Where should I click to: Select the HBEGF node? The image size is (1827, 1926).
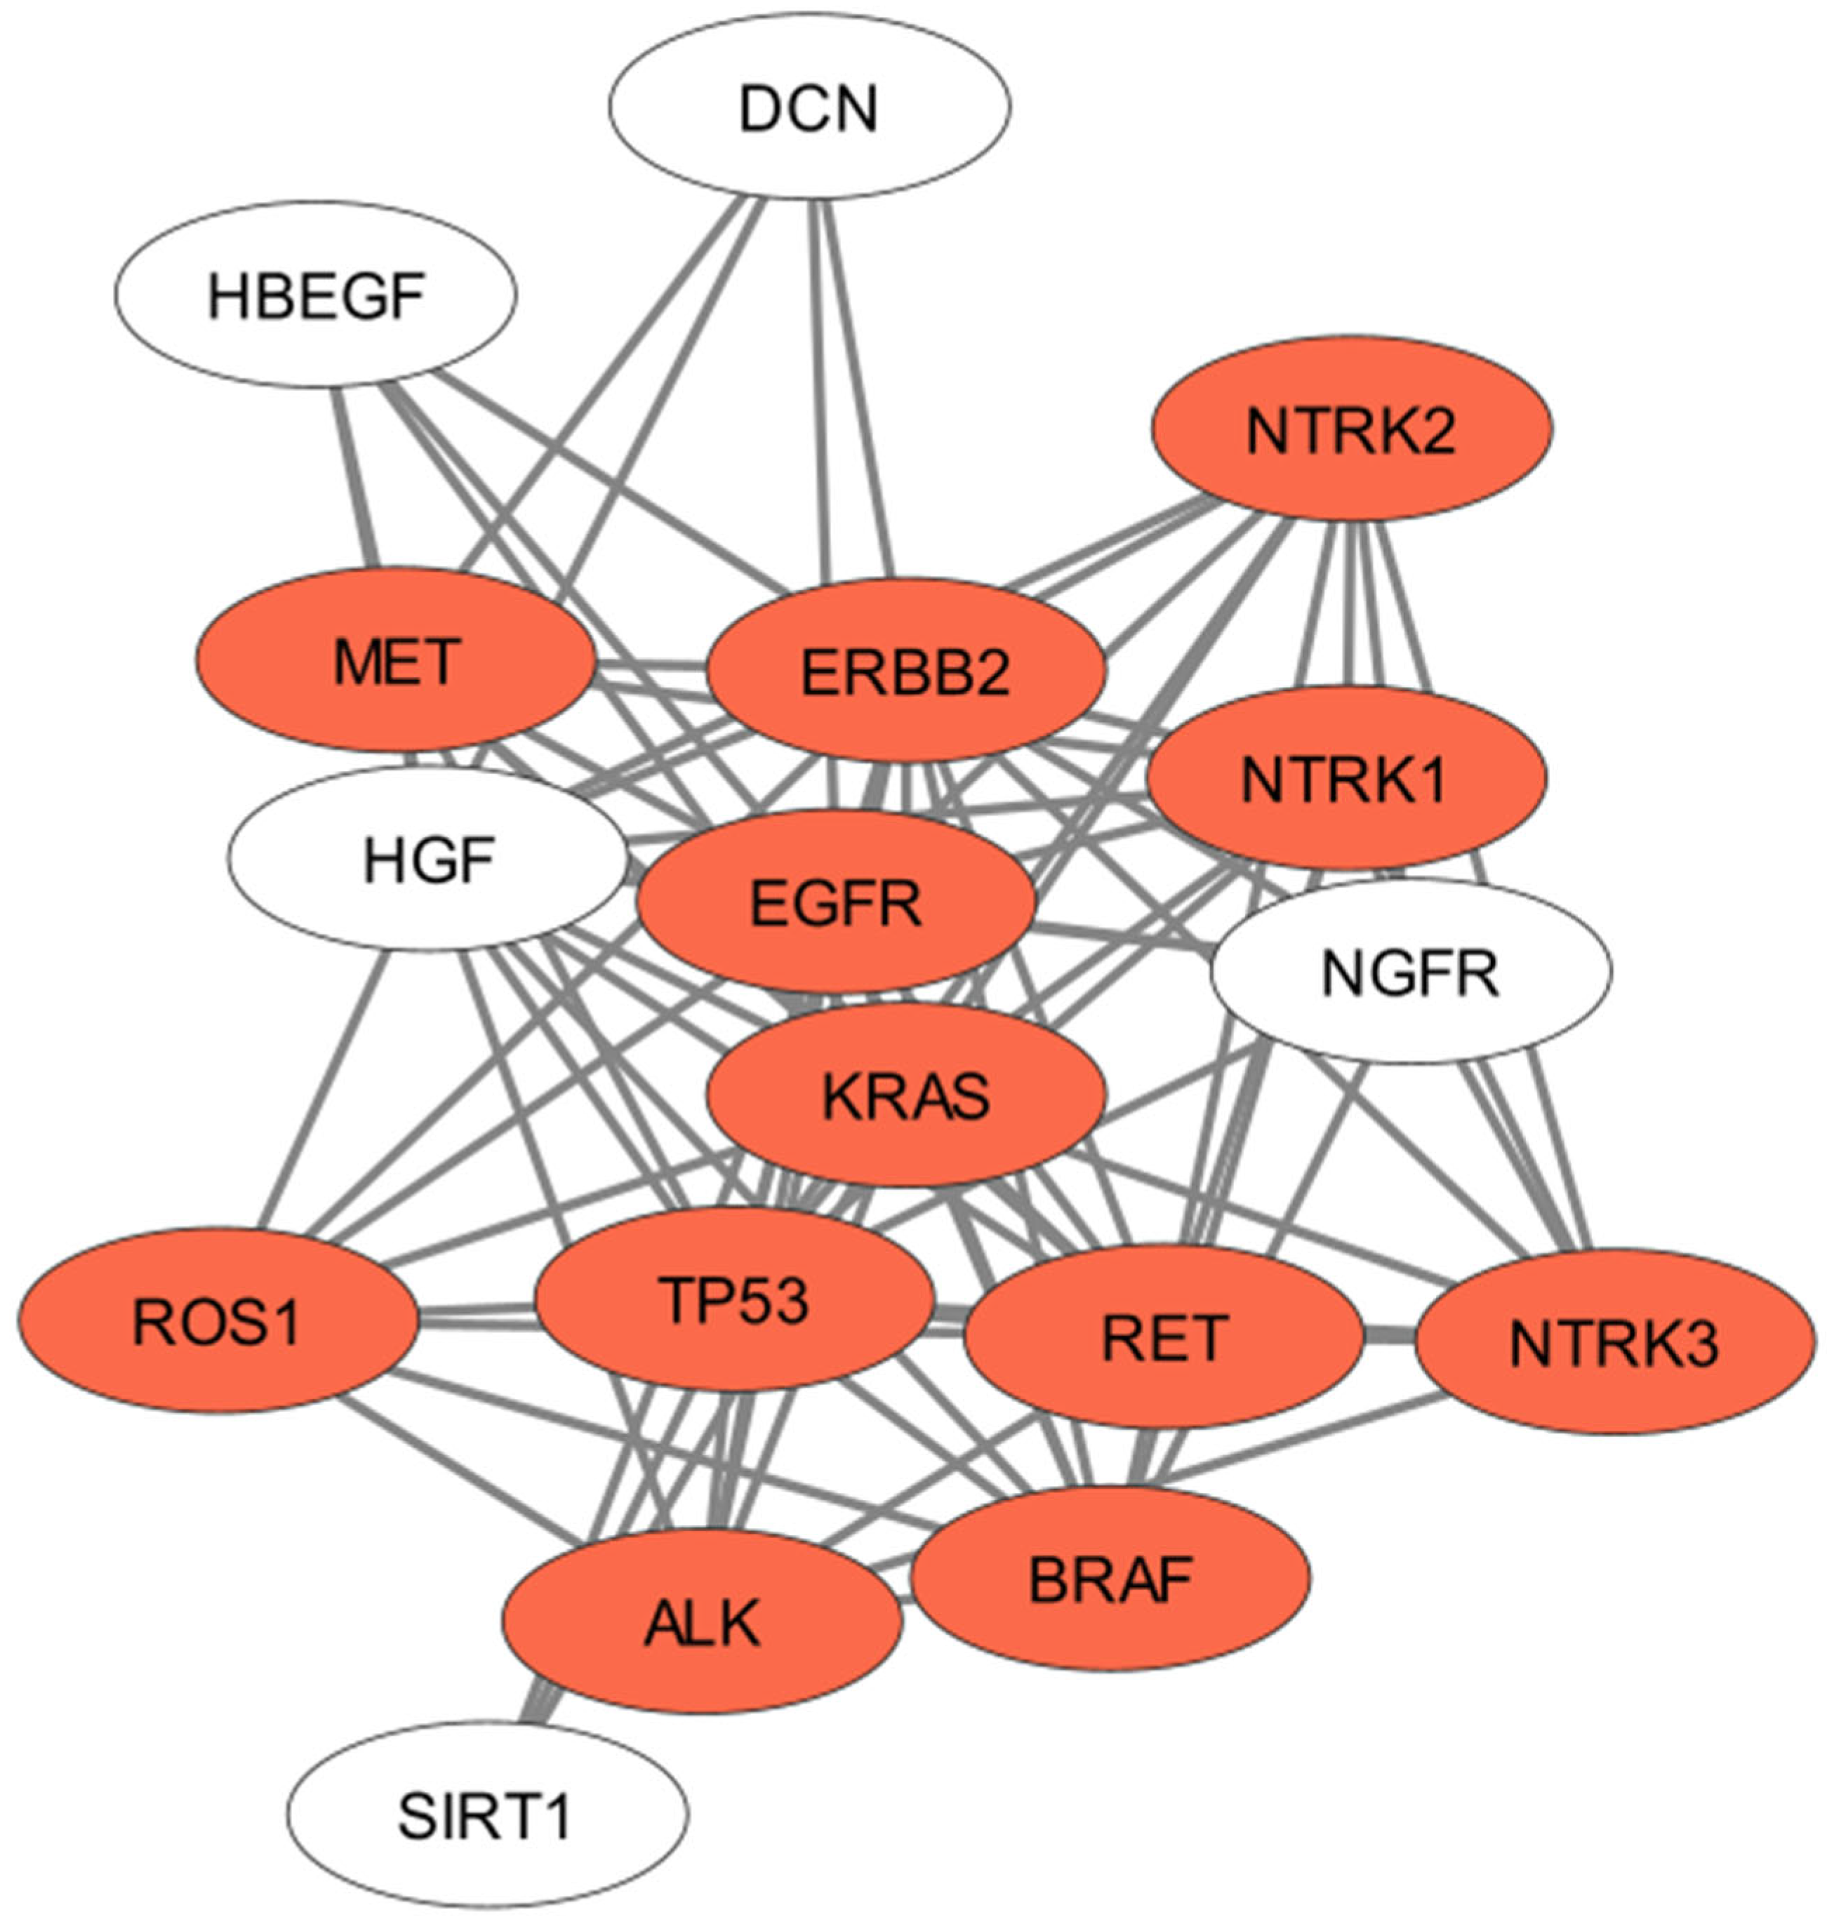316,294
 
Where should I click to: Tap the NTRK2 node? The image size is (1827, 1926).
1352,429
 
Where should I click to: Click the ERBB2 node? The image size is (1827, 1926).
905,671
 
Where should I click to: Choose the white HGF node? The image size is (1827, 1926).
429,859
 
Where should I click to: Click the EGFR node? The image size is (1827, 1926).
835,902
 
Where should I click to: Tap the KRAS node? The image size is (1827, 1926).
905,1095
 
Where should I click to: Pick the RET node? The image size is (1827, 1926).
1163,1337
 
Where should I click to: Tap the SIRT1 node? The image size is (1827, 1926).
487,1814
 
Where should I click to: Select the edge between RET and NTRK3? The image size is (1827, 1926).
1389,1338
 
